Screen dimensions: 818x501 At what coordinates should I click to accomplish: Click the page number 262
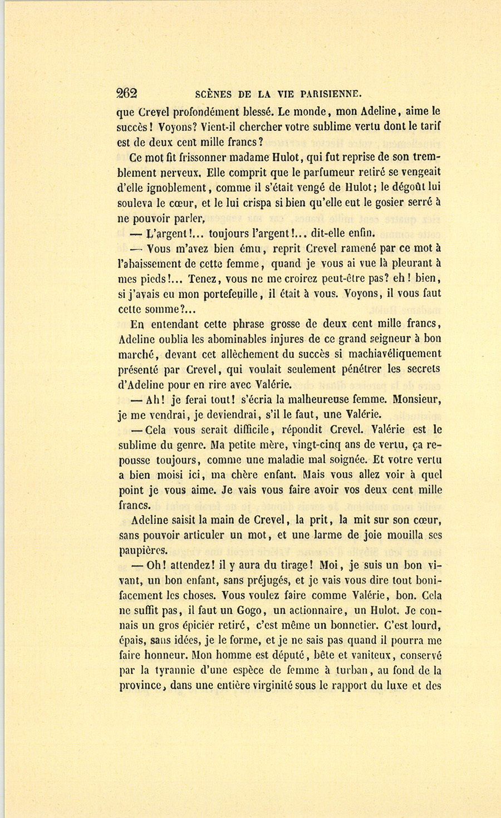[127, 94]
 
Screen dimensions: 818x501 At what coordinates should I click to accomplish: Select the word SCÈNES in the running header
[217, 94]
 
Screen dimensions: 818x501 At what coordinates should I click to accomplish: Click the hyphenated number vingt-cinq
[315, 445]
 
